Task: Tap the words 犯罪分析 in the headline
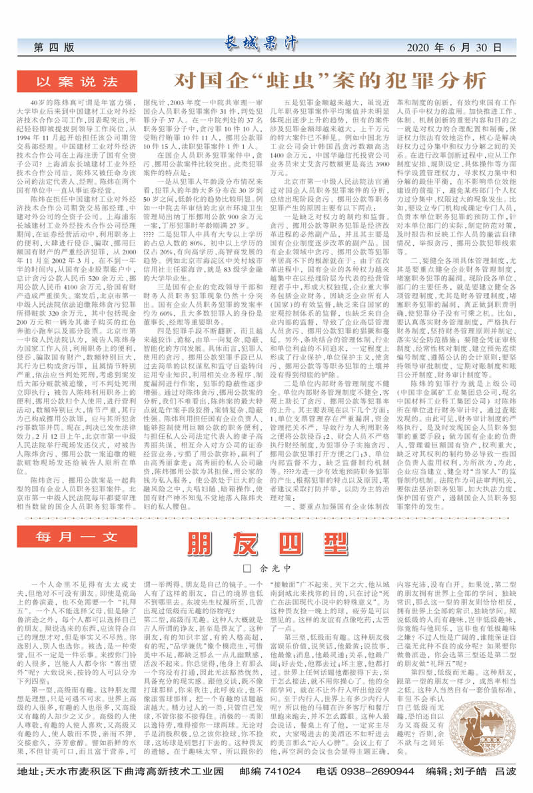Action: click(440, 81)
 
